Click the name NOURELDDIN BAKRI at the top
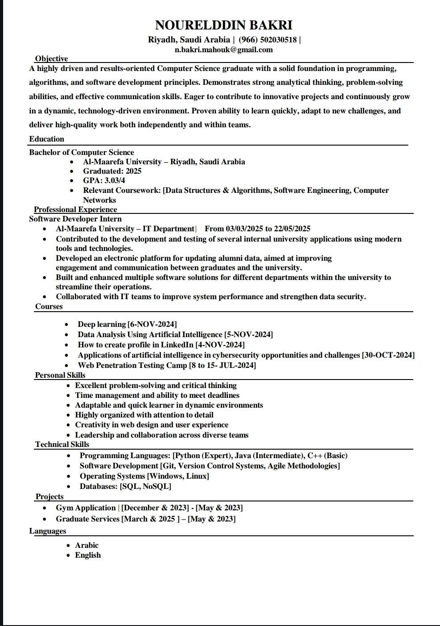pyautogui.click(x=223, y=25)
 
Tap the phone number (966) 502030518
pyautogui.click(x=267, y=40)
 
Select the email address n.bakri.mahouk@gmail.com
pyautogui.click(x=223, y=50)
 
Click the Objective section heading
pyautogui.click(x=51, y=58)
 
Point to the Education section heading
pyautogui.click(x=47, y=139)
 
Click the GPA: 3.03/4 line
pyautogui.click(x=104, y=180)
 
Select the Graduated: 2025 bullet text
pyautogui.click(x=112, y=171)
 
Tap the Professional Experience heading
pyautogui.click(x=75, y=209)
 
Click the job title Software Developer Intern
pyautogui.click(x=75, y=219)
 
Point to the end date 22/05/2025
pyautogui.click(x=292, y=229)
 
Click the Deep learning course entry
pyautogui.click(x=127, y=324)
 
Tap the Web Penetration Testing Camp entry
pyautogui.click(x=167, y=365)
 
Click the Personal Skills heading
pyautogui.click(x=60, y=375)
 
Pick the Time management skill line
pyautogui.click(x=157, y=395)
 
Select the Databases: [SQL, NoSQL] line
pyautogui.click(x=125, y=486)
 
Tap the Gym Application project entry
pyautogui.click(x=149, y=508)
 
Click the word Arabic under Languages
pyautogui.click(x=86, y=545)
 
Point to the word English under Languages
pyautogui.click(x=88, y=555)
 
